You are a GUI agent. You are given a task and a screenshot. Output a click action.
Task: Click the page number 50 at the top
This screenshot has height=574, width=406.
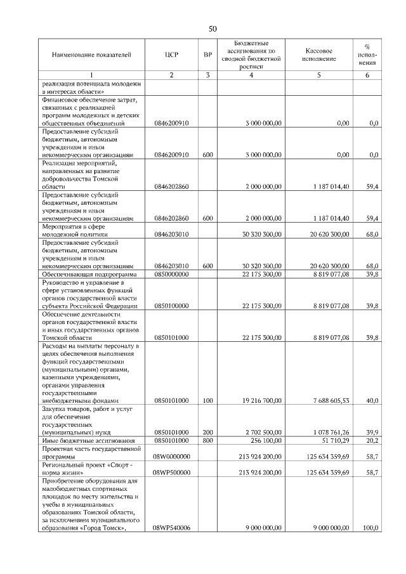tap(213, 28)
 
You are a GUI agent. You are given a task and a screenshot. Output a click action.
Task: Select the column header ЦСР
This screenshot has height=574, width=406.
tap(171, 55)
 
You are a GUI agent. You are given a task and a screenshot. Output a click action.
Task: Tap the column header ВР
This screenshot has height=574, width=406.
tap(207, 55)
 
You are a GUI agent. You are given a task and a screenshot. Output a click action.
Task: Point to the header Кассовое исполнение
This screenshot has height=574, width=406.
tap(319, 55)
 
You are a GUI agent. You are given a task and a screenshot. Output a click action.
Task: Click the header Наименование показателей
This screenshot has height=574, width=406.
tap(91, 55)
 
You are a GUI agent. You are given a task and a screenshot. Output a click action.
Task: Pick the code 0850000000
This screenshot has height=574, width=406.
tap(171, 274)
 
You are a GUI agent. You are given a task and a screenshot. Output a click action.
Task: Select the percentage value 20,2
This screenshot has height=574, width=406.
tap(373, 440)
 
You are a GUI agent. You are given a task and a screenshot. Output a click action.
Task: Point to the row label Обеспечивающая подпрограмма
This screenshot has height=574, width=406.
tap(88, 274)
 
